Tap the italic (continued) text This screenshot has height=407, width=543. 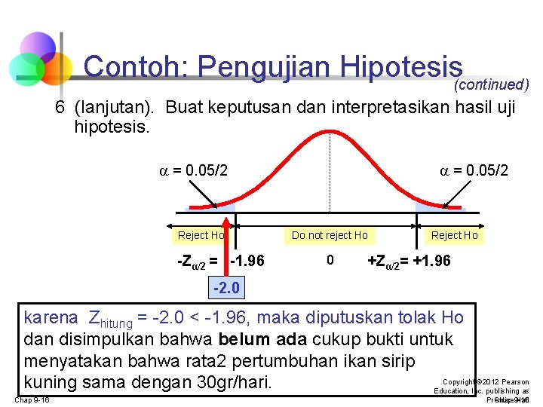pos(491,85)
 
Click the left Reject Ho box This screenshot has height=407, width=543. pos(201,235)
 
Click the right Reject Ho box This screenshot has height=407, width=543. pos(454,235)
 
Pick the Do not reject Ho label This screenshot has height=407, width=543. pos(330,235)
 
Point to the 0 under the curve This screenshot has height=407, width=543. pos(330,261)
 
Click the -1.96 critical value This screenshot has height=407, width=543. pos(247,262)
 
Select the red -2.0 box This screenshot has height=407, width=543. pos(225,287)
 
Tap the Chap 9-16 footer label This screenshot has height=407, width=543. pos(32,399)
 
